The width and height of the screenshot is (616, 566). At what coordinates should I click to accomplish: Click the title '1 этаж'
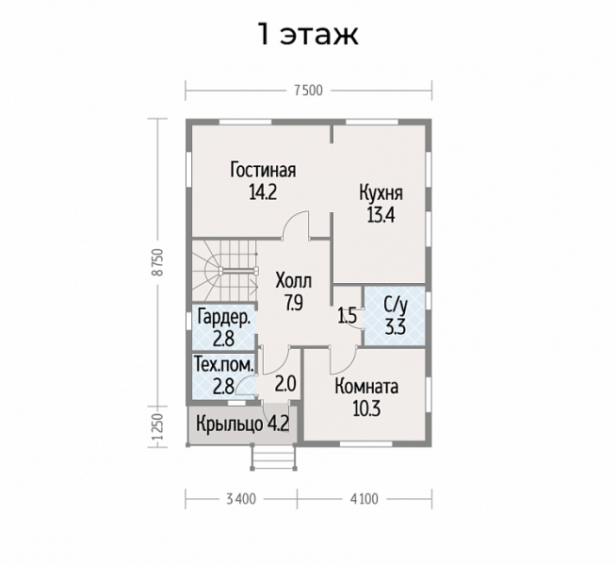pos(308,34)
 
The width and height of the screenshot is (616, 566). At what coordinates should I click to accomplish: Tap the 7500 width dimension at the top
pos(308,91)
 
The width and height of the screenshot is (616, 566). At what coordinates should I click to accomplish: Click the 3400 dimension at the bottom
pos(241,499)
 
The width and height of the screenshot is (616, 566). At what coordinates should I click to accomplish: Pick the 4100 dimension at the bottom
pos(365,499)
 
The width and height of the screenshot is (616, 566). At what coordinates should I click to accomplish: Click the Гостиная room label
pos(263,171)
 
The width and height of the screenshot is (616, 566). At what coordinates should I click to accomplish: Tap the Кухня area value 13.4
pos(381,215)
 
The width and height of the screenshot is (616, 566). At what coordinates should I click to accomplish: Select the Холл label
pos(294,281)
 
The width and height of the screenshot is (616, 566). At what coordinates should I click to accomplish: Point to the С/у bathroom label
pos(396,305)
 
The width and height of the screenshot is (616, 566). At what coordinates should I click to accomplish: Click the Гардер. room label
pos(224,317)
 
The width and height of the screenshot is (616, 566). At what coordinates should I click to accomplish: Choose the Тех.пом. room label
pos(224,365)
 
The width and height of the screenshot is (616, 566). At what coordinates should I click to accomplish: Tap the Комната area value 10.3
pos(366,409)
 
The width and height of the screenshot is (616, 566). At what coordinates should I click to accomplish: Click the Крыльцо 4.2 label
pos(242,424)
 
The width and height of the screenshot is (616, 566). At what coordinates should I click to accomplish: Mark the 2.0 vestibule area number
pos(285,384)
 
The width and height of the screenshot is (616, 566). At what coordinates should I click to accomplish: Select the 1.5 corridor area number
pos(348,315)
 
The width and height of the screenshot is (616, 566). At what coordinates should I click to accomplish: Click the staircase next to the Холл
pos(224,271)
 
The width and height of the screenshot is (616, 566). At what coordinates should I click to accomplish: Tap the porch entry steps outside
pos(273,458)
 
